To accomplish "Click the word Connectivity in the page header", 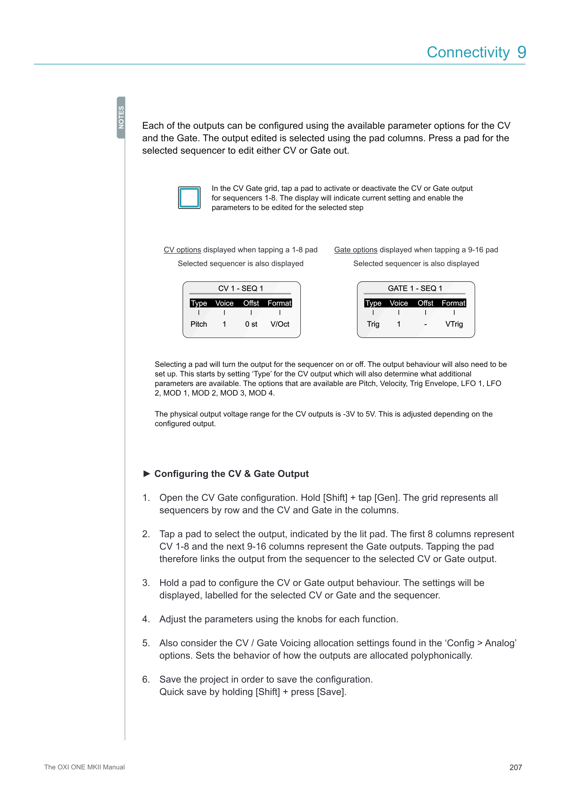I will click(468, 52).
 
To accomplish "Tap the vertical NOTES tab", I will click(121, 118).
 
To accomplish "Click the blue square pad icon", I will click(189, 198).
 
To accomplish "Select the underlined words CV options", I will click(182, 250).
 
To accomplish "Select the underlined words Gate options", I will click(356, 250).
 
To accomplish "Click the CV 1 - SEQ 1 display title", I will click(241, 288).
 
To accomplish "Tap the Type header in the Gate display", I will click(373, 303).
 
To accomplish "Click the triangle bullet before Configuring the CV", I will click(147, 474).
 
